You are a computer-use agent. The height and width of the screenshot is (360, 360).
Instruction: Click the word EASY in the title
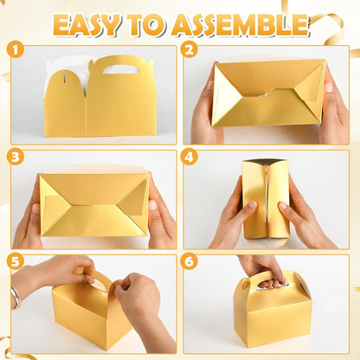click(86, 24)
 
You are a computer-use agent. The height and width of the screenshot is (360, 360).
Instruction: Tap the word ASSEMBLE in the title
click(241, 24)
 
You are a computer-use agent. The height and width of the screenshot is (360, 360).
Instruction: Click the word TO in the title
click(146, 24)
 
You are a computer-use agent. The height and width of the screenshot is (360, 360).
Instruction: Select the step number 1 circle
click(15, 49)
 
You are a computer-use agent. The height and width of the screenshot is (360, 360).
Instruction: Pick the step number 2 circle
click(189, 49)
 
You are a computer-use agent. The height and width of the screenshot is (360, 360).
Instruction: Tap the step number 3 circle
click(15, 157)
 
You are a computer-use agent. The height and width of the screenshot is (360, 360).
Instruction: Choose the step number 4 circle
click(189, 157)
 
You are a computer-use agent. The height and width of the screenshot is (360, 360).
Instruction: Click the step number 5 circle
click(15, 261)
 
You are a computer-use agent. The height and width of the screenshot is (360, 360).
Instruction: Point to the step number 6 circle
click(189, 261)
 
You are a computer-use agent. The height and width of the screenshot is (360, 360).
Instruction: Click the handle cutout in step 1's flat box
click(121, 69)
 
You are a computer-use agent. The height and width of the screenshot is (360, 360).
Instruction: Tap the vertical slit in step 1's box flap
click(65, 78)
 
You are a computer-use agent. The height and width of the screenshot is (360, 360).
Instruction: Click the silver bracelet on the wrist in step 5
click(16, 298)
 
